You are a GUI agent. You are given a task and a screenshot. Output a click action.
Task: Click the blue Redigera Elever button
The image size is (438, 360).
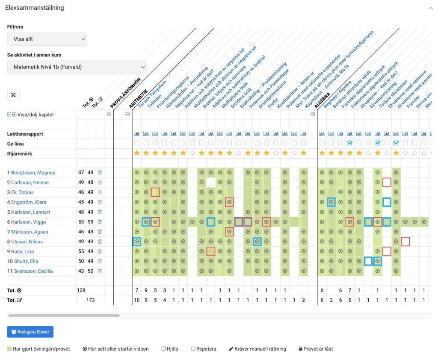click(30, 332)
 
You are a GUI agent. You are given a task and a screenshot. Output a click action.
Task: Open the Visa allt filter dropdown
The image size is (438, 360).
click(47, 39)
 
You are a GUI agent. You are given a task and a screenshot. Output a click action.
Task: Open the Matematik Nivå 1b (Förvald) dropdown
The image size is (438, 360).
click(77, 67)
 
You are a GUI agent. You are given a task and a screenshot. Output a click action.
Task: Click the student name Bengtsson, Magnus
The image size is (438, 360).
click(33, 173)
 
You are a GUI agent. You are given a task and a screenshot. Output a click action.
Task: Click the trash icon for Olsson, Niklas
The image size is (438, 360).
click(100, 242)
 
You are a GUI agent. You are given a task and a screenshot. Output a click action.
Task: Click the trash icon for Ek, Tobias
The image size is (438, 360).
click(100, 192)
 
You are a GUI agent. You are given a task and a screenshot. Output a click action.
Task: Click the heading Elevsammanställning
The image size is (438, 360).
click(35, 8)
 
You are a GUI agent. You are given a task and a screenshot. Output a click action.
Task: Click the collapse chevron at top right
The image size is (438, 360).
click(430, 8)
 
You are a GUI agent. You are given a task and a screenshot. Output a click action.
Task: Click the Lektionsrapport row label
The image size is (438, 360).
click(25, 134)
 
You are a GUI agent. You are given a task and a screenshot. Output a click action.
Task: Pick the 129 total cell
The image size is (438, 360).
click(81, 290)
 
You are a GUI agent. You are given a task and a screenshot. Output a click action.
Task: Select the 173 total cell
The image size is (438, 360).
click(90, 300)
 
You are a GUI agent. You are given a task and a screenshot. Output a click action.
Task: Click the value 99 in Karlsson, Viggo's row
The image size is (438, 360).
click(90, 222)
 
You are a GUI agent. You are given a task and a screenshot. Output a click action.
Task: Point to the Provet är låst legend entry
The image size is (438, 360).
click(316, 349)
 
